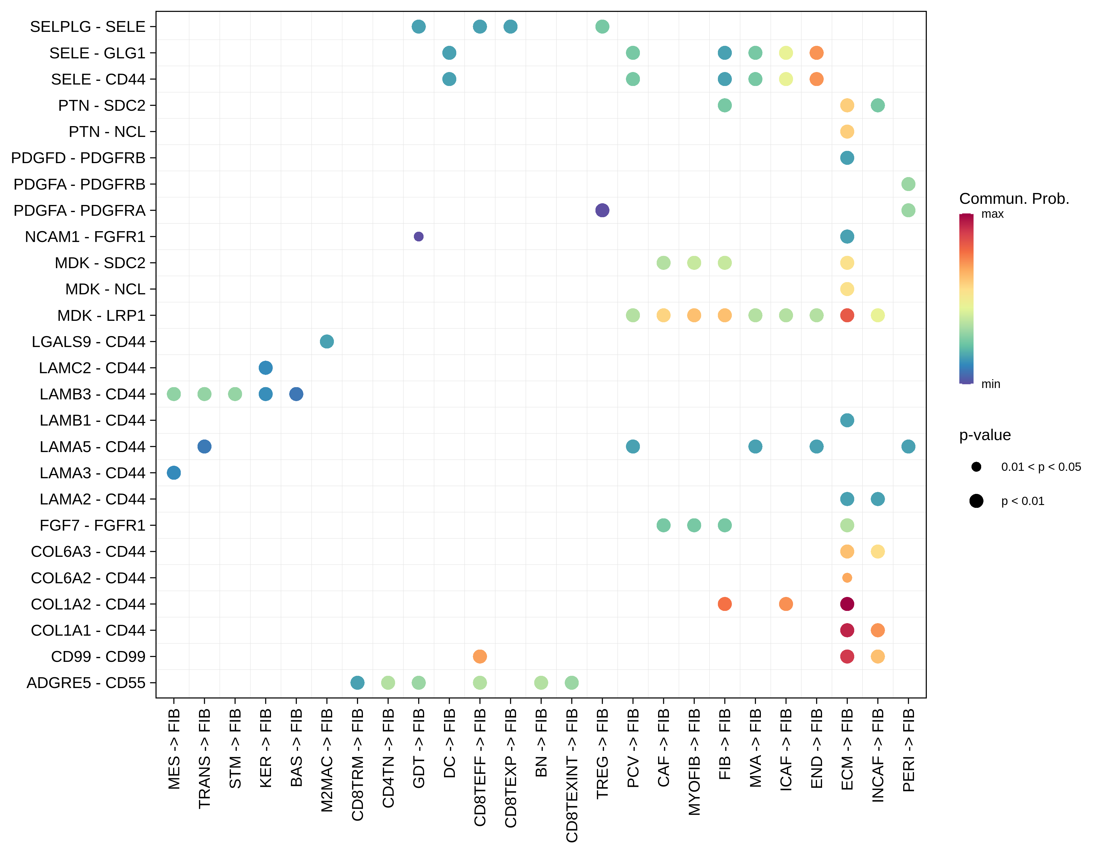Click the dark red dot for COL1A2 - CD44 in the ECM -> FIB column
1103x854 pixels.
pos(847,604)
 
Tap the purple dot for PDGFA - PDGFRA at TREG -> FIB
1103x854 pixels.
pos(602,210)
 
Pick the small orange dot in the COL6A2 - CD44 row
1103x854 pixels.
pos(847,578)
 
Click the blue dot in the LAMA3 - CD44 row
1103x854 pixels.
pos(174,473)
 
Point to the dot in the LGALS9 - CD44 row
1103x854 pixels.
pos(327,341)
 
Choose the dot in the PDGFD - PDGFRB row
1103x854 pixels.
pos(847,158)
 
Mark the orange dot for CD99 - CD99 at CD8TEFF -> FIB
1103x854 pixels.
pos(480,656)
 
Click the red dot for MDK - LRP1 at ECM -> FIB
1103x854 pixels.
pos(847,315)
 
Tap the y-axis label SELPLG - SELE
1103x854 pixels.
pos(87,26)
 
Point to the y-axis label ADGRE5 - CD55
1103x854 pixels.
pos(86,683)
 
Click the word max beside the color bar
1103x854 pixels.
pos(992,214)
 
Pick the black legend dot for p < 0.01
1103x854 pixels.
pos(976,501)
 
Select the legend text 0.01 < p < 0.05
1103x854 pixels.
pos(1041,467)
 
